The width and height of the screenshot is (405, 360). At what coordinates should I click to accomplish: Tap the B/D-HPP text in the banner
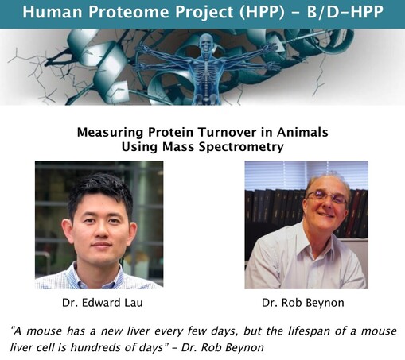345,12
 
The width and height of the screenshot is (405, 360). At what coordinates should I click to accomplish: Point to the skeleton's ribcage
205,69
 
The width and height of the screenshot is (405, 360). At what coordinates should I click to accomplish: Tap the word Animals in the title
302,132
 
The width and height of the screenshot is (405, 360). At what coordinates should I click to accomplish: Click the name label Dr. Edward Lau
103,303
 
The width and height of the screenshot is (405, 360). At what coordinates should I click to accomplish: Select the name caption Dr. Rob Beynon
303,303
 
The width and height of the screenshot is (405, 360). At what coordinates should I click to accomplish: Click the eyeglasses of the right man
327,197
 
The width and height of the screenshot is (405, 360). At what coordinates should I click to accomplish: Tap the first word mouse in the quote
45,331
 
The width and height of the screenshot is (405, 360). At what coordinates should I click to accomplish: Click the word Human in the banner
53,12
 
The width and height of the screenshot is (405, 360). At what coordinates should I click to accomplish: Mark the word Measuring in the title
110,133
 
